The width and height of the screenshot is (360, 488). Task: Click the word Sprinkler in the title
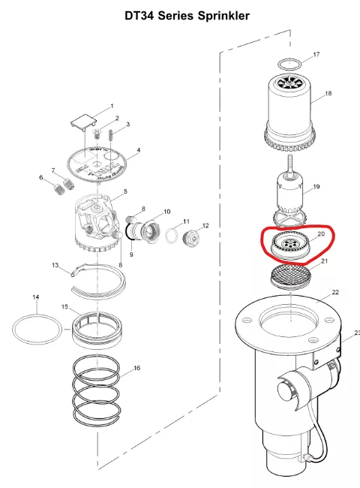pos(223,16)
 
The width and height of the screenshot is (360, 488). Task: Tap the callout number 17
pos(316,55)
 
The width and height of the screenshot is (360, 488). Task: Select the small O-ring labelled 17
pos(289,64)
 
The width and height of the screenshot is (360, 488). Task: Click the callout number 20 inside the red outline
pos(321,233)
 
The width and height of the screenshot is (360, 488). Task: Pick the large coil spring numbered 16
pos(96,390)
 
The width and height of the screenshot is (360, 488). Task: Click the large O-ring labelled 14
pos(37,330)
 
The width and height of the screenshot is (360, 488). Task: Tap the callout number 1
pos(112,107)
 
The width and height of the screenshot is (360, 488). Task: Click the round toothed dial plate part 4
pos(97,164)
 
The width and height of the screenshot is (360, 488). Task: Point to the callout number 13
pos(55,265)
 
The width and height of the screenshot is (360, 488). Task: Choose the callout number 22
pos(335,292)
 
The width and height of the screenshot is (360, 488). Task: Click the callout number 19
pos(316,187)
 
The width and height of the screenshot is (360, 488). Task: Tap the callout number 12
pos(205,226)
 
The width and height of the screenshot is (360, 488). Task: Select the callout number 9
pos(131,255)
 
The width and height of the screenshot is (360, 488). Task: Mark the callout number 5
pos(125,191)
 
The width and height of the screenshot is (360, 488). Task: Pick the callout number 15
pos(64,307)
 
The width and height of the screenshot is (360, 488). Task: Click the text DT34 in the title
pos(139,16)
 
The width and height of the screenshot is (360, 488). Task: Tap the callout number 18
pos(328,93)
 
